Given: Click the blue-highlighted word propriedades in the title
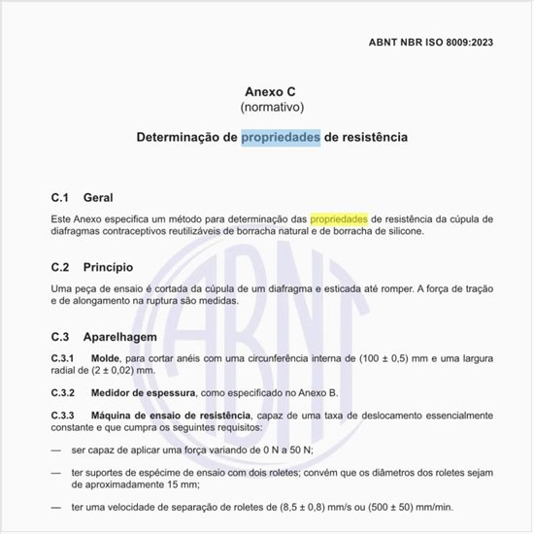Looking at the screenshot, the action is (x=281, y=138).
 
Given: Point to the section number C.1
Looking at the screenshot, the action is (x=62, y=197).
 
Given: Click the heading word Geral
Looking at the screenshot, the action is (x=99, y=197).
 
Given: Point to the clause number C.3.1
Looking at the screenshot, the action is (x=64, y=359).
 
